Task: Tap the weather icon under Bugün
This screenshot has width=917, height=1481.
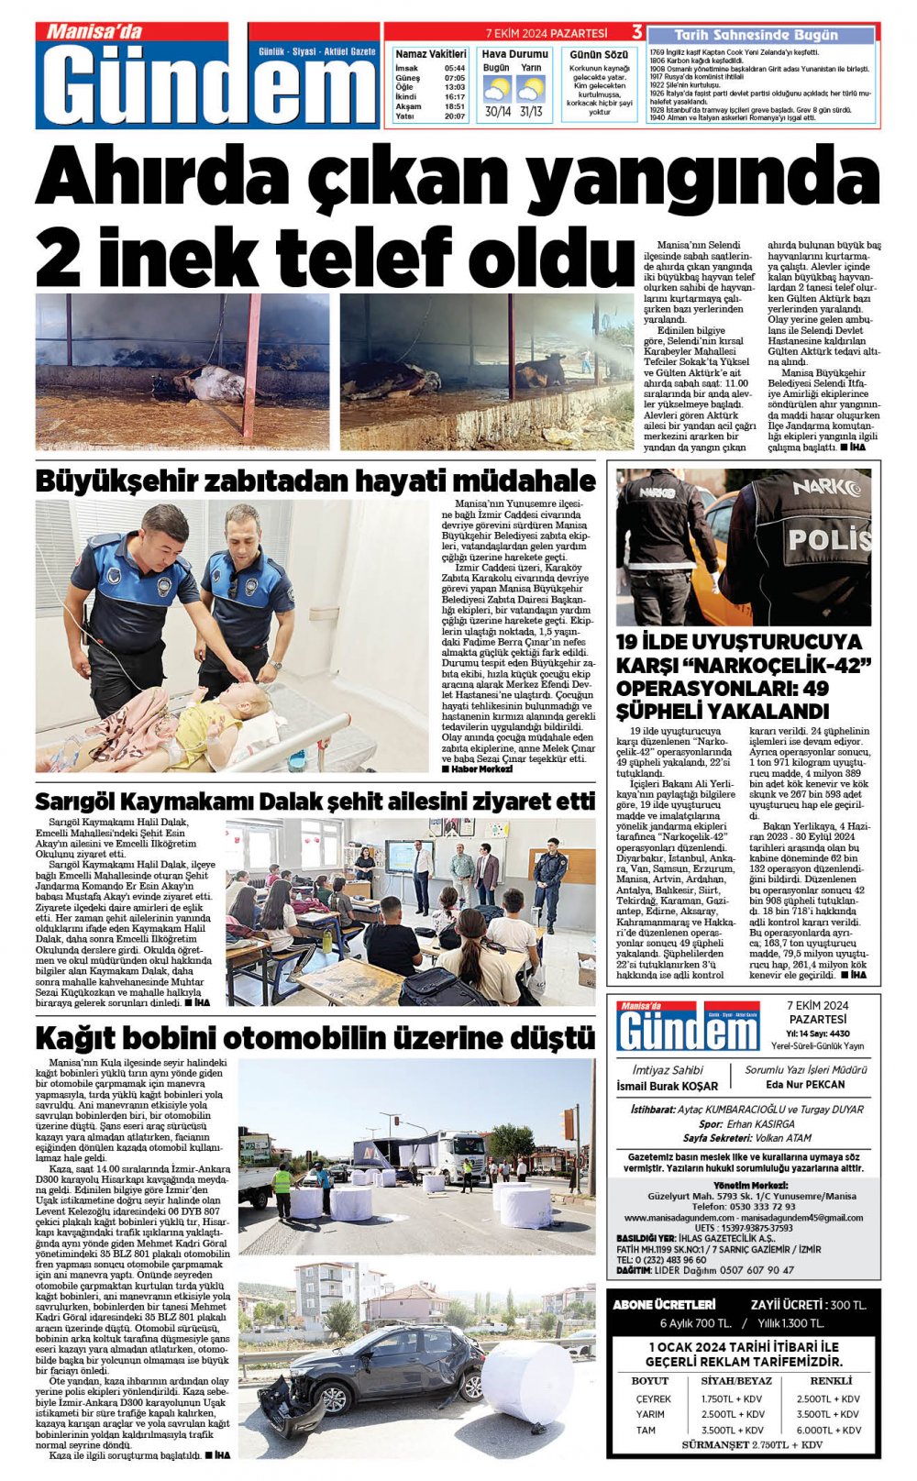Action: [x=496, y=90]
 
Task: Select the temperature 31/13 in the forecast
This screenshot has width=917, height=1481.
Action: [x=531, y=112]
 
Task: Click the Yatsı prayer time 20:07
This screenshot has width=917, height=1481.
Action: [x=454, y=116]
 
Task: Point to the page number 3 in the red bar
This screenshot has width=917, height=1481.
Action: [x=636, y=33]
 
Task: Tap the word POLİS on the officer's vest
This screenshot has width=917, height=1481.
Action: [x=829, y=538]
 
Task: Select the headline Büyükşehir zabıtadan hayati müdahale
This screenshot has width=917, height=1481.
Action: [x=315, y=481]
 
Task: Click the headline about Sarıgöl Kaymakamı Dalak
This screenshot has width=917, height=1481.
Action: [x=315, y=801]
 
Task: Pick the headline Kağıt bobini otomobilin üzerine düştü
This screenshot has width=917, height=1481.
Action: [x=315, y=1038]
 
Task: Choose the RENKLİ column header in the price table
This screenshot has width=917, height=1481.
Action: [x=831, y=1380]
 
